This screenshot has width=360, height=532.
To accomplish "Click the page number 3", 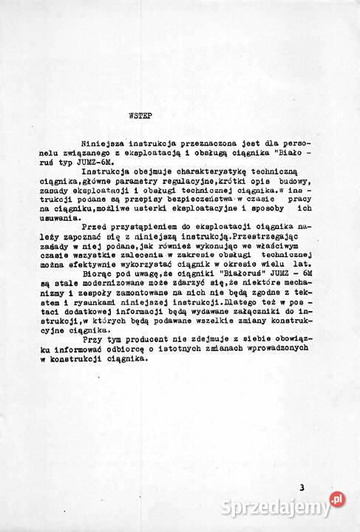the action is click(x=302, y=488).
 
